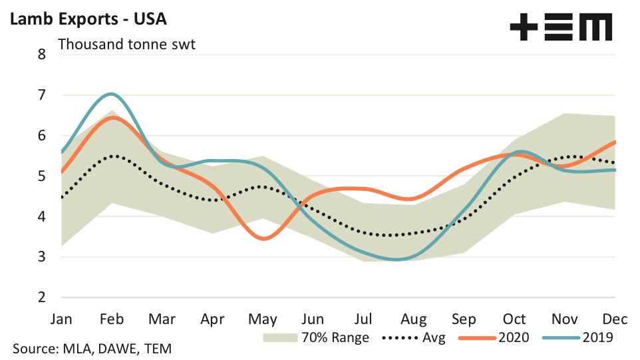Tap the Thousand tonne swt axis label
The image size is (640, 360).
[126, 45]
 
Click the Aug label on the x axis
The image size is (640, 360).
[414, 319]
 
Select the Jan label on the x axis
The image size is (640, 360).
[63, 319]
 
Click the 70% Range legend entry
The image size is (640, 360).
[316, 337]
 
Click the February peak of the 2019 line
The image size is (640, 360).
[112, 94]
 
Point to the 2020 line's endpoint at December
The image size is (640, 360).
[614, 142]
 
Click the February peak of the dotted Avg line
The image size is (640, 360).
[113, 156]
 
